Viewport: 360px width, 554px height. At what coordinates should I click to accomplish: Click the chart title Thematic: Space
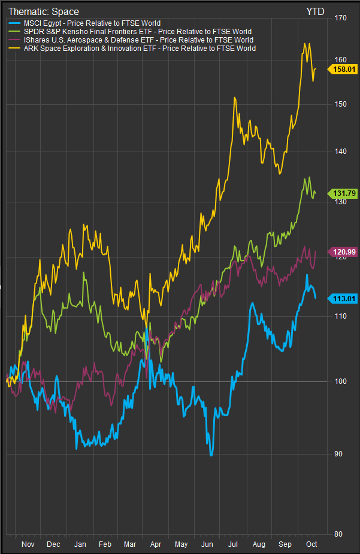pyautogui.click(x=43, y=11)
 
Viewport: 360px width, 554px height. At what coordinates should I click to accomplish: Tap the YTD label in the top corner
pyautogui.click(x=316, y=11)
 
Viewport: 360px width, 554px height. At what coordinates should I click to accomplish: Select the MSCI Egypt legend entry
pyautogui.click(x=84, y=23)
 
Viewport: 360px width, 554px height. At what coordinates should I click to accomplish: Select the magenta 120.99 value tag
pyautogui.click(x=343, y=252)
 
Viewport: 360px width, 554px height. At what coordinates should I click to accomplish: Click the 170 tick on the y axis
pyautogui.click(x=341, y=18)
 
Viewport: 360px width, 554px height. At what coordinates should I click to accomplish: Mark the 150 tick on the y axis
pyautogui.click(x=341, y=104)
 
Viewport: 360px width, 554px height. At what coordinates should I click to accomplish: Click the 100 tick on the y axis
pyautogui.click(x=341, y=382)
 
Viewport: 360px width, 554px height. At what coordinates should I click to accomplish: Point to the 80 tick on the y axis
pyautogui.click(x=339, y=534)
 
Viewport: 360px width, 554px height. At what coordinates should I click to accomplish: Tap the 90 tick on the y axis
pyautogui.click(x=339, y=454)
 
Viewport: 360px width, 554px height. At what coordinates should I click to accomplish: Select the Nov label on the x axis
pyautogui.click(x=28, y=544)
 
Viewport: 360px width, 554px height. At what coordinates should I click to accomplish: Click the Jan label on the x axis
pyautogui.click(x=79, y=544)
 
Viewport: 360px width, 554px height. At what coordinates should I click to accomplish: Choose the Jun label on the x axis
pyautogui.click(x=208, y=544)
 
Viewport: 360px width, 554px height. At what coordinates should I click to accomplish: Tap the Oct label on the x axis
pyautogui.click(x=311, y=544)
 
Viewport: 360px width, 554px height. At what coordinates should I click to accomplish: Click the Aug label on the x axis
pyautogui.click(x=259, y=544)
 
